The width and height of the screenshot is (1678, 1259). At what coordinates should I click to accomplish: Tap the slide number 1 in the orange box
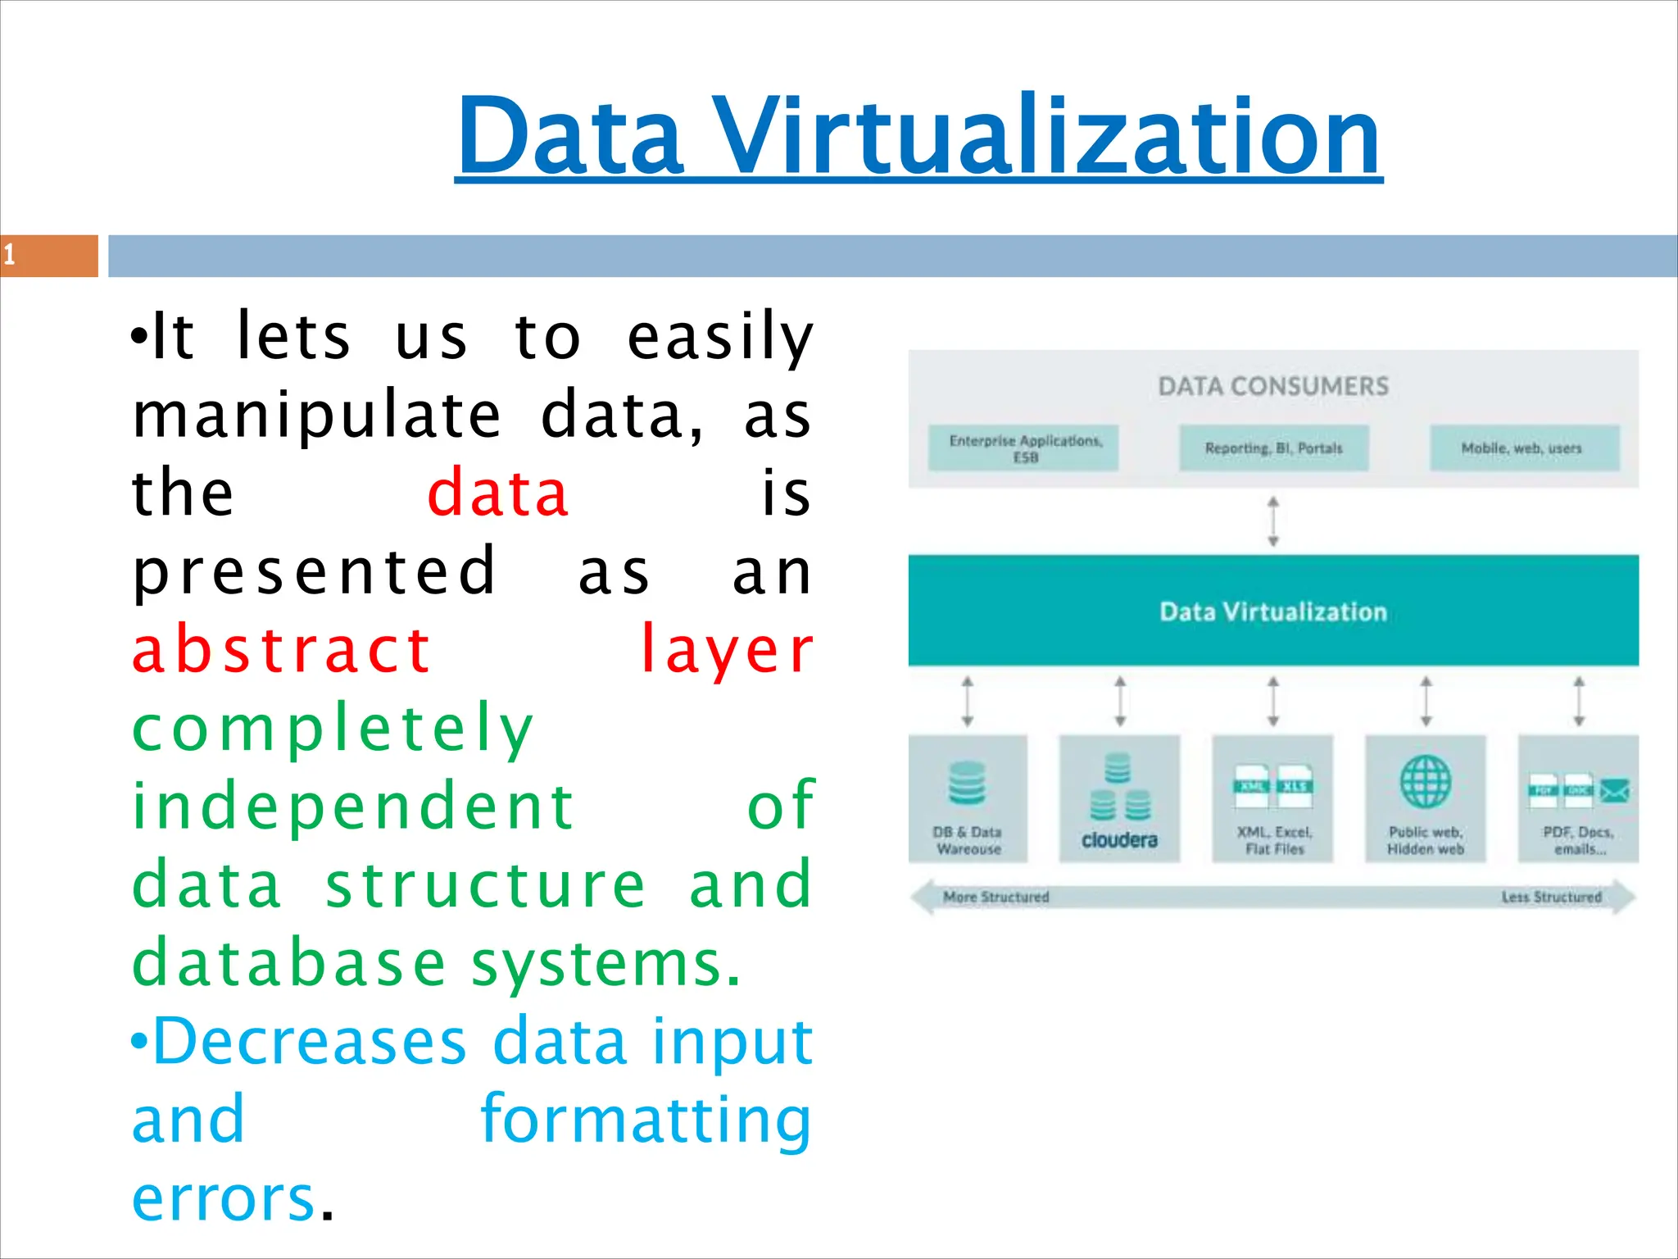coord(10,255)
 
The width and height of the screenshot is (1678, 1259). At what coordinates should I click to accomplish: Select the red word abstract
coord(281,650)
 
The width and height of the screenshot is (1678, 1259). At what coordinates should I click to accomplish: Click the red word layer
coord(726,650)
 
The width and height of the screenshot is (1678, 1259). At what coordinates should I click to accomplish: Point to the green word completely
coord(333,728)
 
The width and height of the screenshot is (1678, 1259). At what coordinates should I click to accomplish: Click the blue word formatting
coord(646,1120)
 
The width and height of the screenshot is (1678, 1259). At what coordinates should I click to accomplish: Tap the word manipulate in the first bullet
coord(316,415)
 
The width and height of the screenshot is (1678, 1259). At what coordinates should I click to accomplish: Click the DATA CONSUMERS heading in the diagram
coord(1273,386)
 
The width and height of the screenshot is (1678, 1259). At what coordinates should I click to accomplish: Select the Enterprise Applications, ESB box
coord(1023,448)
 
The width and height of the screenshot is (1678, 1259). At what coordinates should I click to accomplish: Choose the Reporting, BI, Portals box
coord(1273,448)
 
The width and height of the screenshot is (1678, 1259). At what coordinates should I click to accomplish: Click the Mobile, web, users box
coord(1524,448)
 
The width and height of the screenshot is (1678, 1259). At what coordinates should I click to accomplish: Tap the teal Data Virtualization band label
coord(1273,611)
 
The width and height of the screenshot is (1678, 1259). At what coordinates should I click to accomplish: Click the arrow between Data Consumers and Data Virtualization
coord(1273,521)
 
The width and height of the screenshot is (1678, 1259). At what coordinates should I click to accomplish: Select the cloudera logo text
coord(1119,840)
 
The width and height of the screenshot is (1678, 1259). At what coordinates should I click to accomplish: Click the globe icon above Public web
coord(1425,781)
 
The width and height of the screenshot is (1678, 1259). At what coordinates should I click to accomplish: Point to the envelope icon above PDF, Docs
coord(1614,790)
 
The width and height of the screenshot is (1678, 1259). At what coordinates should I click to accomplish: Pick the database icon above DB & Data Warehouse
coord(967,783)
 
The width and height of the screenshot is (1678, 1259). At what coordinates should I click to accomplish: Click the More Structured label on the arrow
coord(995,897)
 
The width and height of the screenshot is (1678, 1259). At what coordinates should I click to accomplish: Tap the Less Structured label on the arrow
coord(1551,897)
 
